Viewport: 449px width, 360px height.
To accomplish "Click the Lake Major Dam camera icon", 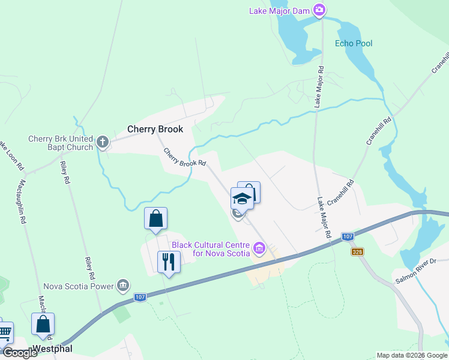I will pyautogui.click(x=319, y=10).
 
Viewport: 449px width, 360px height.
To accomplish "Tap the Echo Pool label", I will pyautogui.click(x=354, y=43).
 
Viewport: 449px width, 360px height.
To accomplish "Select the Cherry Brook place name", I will pyautogui.click(x=155, y=129).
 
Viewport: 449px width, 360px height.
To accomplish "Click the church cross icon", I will pyautogui.click(x=103, y=142).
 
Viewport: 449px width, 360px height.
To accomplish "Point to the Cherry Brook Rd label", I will pyautogui.click(x=185, y=158).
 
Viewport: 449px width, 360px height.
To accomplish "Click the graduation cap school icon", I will pyautogui.click(x=241, y=199).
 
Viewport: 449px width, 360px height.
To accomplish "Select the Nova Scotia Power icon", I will pyautogui.click(x=122, y=285).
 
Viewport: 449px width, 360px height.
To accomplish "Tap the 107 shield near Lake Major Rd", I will pyautogui.click(x=348, y=237).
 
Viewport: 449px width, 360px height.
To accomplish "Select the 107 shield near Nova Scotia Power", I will pyautogui.click(x=139, y=298).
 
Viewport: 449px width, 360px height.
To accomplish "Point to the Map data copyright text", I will pyautogui.click(x=411, y=355).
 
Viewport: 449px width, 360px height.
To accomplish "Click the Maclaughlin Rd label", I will pyautogui.click(x=23, y=201).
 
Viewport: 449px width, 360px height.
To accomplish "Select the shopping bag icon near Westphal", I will pyautogui.click(x=43, y=324).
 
